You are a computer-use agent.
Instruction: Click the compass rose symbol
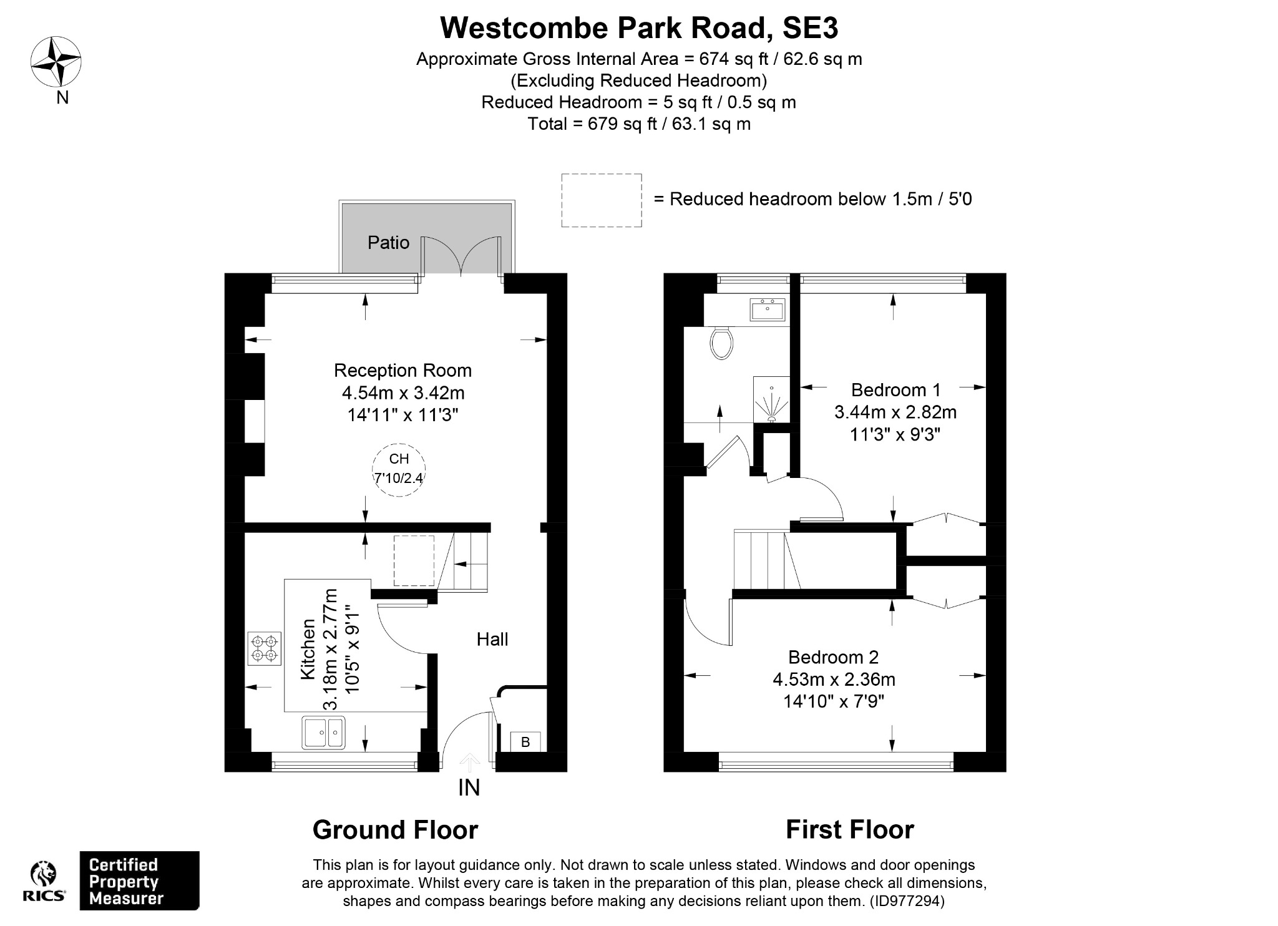tap(56, 62)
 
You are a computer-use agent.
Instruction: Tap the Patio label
tap(388, 242)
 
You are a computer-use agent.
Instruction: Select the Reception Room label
tap(402, 370)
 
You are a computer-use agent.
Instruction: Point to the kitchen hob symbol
tap(265, 647)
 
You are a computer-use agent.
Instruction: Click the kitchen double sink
tap(323, 733)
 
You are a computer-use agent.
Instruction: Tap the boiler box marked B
tap(525, 742)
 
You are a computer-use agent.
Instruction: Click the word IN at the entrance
tap(469, 788)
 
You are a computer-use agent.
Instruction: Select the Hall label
tap(492, 639)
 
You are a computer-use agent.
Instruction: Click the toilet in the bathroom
tap(721, 343)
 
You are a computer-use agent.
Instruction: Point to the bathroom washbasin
tap(768, 309)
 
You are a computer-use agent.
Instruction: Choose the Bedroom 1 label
tap(895, 390)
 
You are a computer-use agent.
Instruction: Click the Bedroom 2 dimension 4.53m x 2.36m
tap(834, 679)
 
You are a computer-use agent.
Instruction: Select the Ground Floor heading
tap(395, 830)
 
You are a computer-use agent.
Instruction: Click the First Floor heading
tap(849, 830)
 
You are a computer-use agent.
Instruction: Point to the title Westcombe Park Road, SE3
tap(639, 27)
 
